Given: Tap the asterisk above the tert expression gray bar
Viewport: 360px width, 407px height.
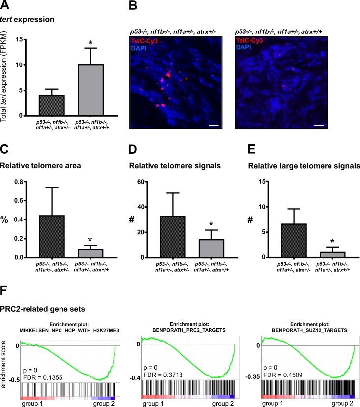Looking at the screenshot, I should (90, 43).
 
